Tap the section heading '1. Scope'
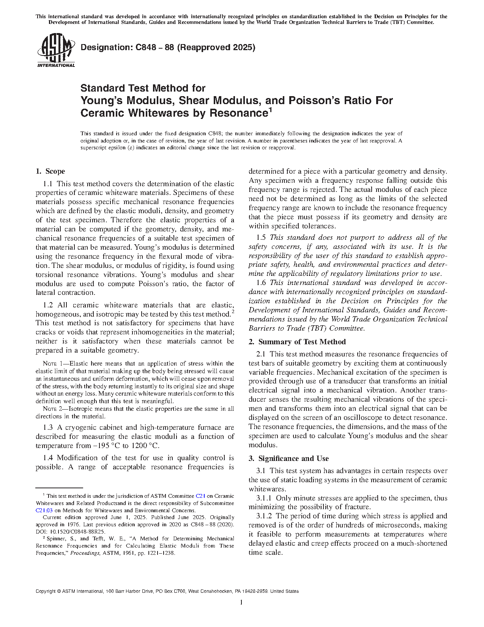coord(50,171)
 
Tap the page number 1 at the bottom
coord(241,602)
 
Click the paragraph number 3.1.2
coord(265,516)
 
